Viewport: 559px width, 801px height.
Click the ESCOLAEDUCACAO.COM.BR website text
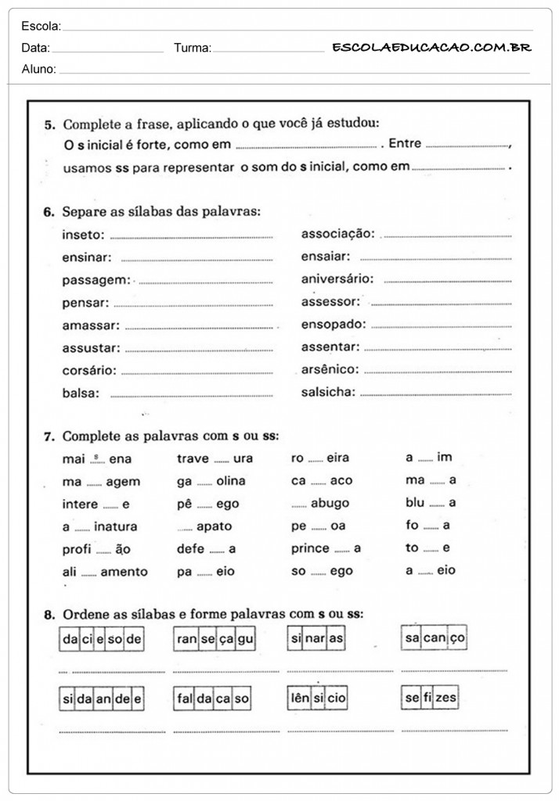[431, 48]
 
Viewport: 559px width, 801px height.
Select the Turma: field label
[193, 48]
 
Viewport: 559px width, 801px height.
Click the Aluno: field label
[39, 69]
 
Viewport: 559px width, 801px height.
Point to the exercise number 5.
[49, 124]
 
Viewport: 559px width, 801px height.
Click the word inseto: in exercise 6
[83, 234]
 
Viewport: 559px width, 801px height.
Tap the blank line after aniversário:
[447, 279]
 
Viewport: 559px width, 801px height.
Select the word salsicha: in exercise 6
[328, 392]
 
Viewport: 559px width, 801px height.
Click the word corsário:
[89, 370]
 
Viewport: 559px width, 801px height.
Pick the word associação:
[338, 234]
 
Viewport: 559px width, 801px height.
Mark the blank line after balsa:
[192, 394]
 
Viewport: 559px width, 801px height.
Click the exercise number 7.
[49, 436]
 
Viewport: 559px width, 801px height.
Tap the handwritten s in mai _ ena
[96, 455]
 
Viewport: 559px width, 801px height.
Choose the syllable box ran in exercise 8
[187, 639]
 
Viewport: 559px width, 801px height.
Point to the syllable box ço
[457, 638]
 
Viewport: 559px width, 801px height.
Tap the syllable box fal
[185, 698]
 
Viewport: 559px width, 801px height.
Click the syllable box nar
[316, 638]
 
